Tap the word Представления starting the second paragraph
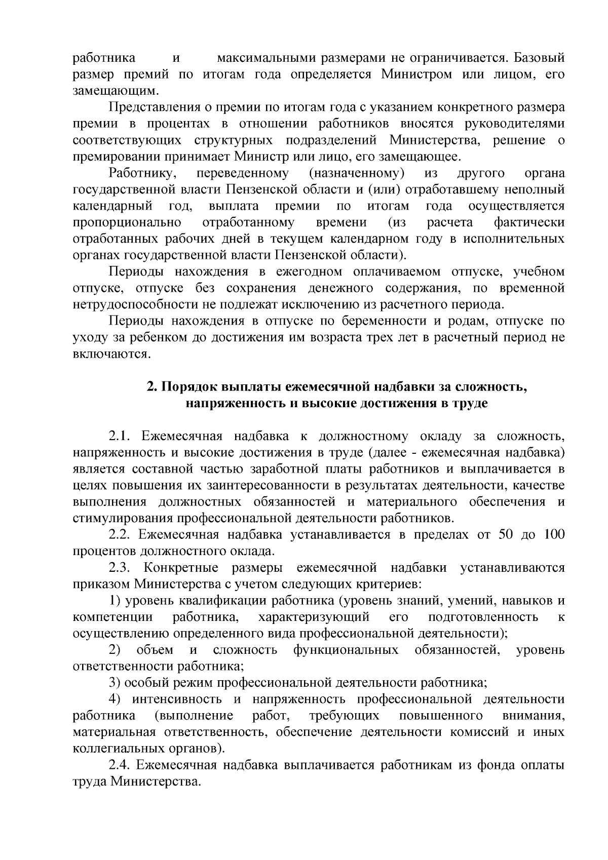pos(155,107)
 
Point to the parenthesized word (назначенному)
pos(356,173)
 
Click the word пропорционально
pos(127,222)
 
